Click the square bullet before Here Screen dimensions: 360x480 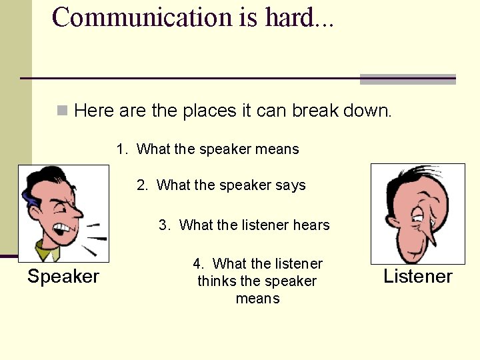[x=63, y=110]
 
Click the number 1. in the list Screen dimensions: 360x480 [x=122, y=149]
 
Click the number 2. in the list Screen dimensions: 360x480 [x=143, y=185]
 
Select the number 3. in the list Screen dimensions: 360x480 [x=165, y=225]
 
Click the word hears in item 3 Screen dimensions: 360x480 [x=311, y=225]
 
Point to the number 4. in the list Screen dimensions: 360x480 [x=198, y=264]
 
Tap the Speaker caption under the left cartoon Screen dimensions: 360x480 [x=63, y=277]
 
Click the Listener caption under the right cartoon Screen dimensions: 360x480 [x=418, y=277]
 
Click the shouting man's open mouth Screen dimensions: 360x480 [x=62, y=231]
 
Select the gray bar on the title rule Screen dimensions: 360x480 [x=407, y=79]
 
